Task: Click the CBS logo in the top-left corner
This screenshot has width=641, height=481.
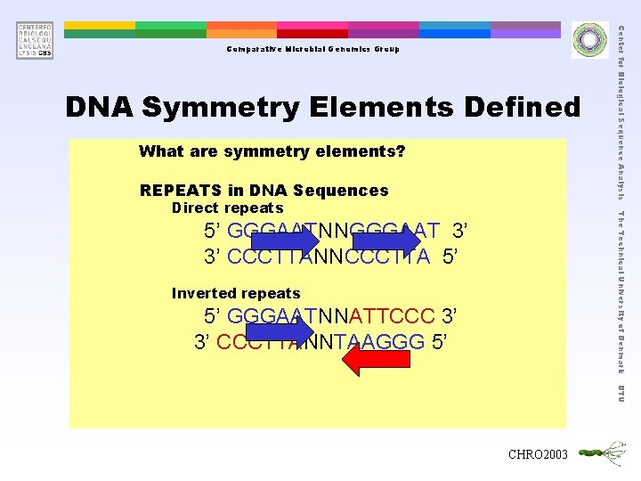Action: point(34,40)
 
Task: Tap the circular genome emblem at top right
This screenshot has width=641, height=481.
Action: point(588,39)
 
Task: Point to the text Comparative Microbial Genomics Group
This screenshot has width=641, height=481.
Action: point(312,49)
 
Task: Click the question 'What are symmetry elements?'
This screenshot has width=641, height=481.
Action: point(272,151)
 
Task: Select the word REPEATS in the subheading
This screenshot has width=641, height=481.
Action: point(181,191)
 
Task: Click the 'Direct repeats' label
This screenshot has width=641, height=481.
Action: point(226,208)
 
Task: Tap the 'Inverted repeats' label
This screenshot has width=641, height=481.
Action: point(235,293)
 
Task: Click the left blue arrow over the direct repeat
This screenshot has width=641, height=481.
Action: point(284,241)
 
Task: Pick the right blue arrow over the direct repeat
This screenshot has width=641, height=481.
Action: point(385,241)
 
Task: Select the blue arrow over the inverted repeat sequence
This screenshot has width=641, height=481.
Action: point(279,327)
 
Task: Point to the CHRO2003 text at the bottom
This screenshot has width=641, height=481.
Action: point(537,455)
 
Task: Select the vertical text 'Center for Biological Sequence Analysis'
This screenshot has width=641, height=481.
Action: point(621,111)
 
